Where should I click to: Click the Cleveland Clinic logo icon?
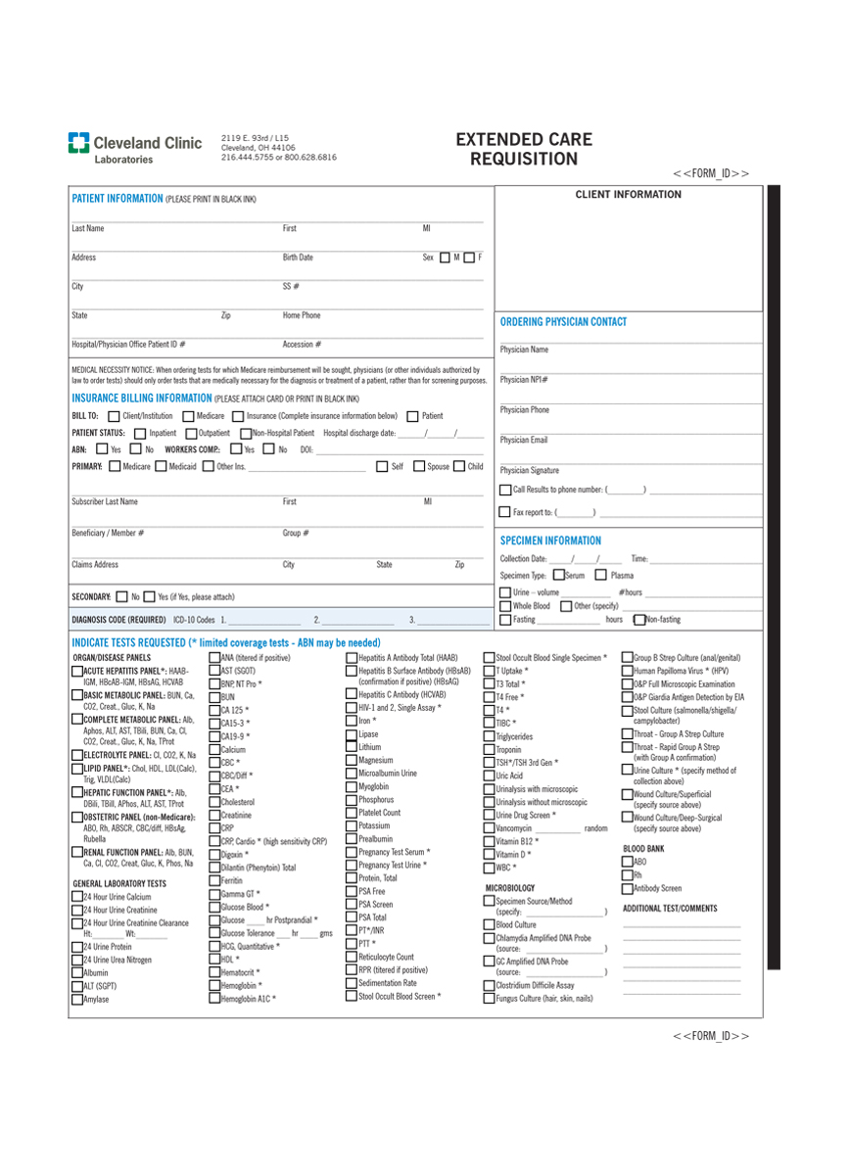[78, 143]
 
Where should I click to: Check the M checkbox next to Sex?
[446, 258]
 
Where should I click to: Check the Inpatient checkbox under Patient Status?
[140, 433]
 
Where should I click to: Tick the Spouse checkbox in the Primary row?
[419, 466]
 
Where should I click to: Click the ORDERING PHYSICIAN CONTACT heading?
[563, 321]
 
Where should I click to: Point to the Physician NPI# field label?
[524, 380]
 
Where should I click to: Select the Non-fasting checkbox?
[639, 619]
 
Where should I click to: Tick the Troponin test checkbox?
[490, 750]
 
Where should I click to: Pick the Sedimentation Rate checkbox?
[351, 982]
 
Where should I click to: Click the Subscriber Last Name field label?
[105, 501]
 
